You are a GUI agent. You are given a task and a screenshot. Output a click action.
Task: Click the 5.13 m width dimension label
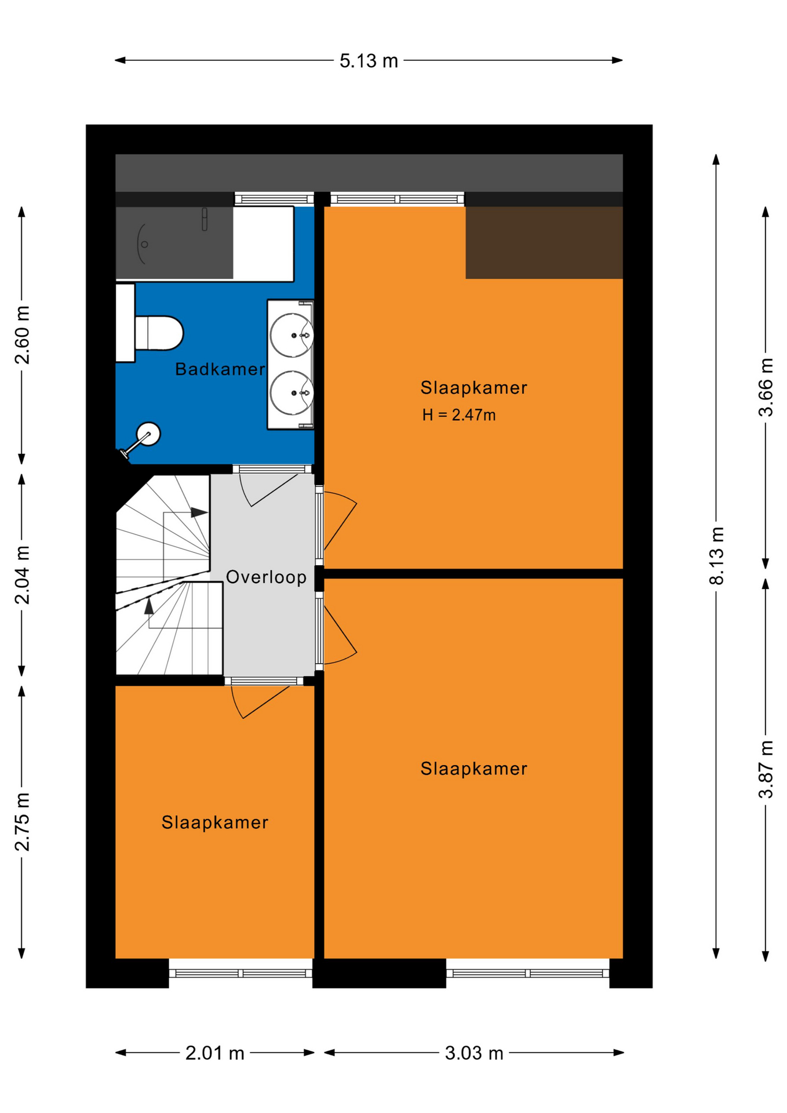tap(369, 61)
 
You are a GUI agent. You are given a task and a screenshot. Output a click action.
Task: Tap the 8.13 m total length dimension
tap(717, 556)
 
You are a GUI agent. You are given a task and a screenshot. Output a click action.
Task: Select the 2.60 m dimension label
tap(22, 335)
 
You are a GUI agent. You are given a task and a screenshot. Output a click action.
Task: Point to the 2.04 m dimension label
tap(22, 575)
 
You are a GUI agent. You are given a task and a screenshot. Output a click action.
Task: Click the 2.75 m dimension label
tap(22, 821)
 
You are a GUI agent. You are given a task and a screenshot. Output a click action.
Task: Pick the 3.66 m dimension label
tap(766, 387)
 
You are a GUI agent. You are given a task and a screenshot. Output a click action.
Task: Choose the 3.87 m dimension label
tap(766, 769)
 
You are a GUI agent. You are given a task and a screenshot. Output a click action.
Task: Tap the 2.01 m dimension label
tap(215, 1053)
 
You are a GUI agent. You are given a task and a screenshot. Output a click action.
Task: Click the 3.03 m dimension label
tap(474, 1053)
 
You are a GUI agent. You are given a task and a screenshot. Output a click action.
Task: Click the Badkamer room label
tap(220, 369)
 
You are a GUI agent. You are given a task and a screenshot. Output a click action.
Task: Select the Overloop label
tap(266, 577)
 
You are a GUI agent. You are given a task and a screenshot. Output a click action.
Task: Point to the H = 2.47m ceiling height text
tap(459, 415)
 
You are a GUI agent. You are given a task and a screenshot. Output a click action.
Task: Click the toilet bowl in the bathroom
tap(159, 333)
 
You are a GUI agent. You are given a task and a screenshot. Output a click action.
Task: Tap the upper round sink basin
tap(292, 335)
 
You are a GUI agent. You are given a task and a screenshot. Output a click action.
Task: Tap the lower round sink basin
tap(292, 394)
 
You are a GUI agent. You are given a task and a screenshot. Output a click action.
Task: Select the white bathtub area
tap(263, 243)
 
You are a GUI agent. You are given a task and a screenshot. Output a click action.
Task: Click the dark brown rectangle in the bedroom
tap(544, 242)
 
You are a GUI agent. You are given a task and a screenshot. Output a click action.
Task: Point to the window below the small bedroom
tap(241, 973)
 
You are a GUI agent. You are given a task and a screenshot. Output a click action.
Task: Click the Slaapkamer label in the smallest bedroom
tap(215, 823)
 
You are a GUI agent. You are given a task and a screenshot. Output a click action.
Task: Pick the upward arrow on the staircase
tap(149, 606)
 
